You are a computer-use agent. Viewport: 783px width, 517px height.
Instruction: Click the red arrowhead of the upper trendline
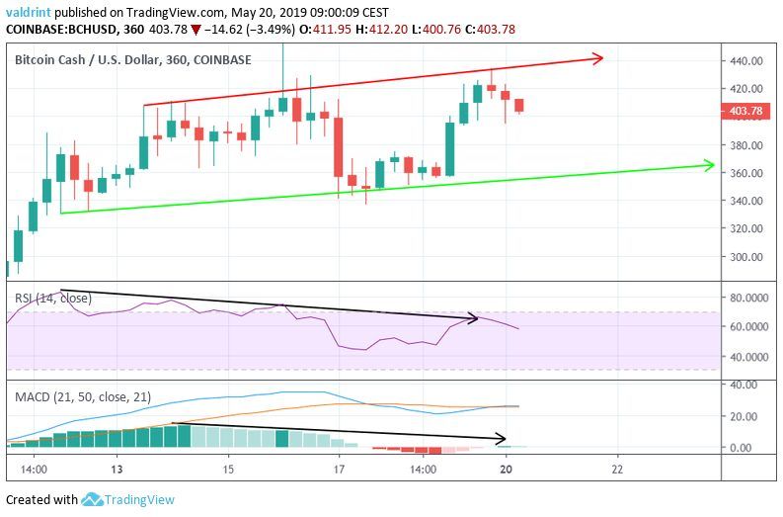click(x=596, y=59)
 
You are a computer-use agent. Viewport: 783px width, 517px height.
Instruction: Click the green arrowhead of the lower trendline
click(x=707, y=164)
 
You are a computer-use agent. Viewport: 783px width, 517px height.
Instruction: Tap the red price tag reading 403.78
click(x=747, y=111)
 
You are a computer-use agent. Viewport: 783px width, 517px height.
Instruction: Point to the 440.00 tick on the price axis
click(x=747, y=60)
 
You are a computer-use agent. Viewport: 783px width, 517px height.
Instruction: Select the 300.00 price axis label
click(x=747, y=256)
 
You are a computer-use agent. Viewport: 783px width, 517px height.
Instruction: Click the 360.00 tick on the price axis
click(x=747, y=173)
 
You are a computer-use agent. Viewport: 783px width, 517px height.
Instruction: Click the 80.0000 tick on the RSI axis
click(x=750, y=297)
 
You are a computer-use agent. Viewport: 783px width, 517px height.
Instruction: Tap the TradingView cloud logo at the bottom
click(x=94, y=499)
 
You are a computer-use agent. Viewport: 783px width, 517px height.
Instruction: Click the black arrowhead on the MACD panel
click(x=501, y=438)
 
